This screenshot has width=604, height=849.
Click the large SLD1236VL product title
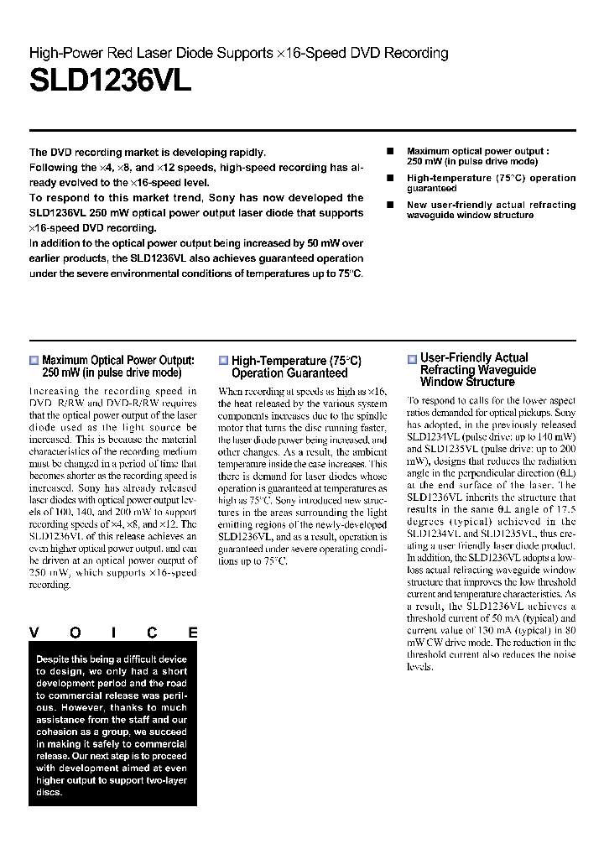pos(111,81)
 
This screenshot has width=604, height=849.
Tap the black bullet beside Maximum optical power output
pos(390,151)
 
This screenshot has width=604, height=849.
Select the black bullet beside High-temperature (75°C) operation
pos(390,178)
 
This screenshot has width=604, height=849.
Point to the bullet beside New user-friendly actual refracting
pos(390,205)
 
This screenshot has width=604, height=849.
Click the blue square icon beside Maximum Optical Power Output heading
pos(34,360)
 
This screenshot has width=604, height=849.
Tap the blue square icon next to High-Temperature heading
pos(223,361)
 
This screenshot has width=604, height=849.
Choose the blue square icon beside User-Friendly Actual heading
pos(412,359)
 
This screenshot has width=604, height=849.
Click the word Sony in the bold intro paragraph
pos(221,198)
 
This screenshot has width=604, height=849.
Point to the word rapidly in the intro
pos(244,153)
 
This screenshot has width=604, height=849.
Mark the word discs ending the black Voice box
pos(49,792)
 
